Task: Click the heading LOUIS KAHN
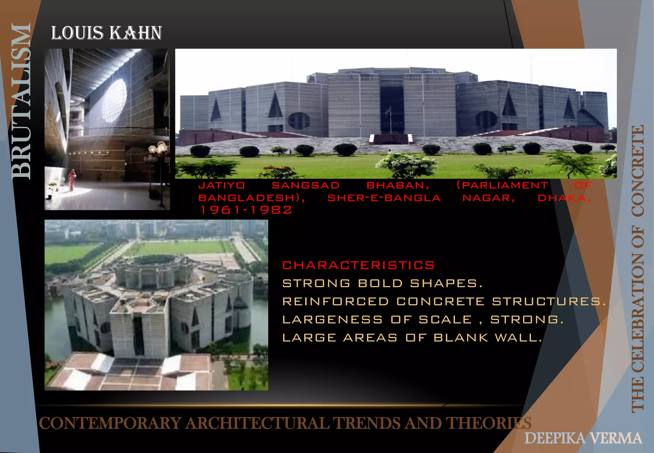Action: (x=106, y=33)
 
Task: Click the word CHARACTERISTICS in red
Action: (x=358, y=265)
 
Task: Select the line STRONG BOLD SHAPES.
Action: (x=382, y=283)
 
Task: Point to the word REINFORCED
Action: (x=336, y=302)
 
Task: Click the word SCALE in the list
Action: (x=445, y=319)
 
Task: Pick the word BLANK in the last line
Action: (x=461, y=338)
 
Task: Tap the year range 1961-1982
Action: (x=245, y=210)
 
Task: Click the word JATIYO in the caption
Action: (x=222, y=185)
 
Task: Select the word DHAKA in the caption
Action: (x=564, y=198)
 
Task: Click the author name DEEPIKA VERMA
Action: (x=583, y=438)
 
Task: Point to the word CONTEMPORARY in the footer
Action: (x=110, y=423)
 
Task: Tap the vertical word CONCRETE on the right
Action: (x=638, y=171)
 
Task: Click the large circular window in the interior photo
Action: (x=114, y=100)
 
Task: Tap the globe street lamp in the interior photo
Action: (x=159, y=149)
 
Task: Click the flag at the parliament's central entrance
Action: (x=388, y=112)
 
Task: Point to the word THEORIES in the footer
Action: (x=488, y=423)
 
